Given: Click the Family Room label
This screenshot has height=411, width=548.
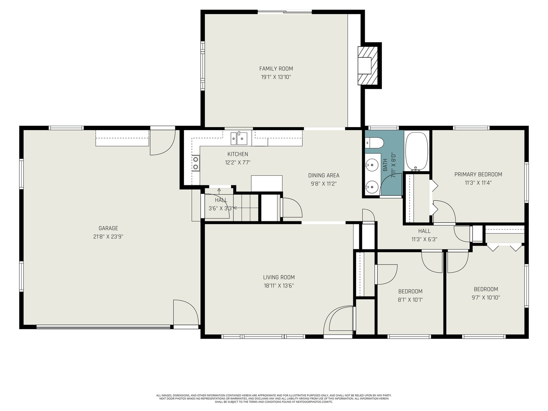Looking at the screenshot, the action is tap(276, 68).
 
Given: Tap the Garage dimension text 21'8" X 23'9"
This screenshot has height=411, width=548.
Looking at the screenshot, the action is tap(108, 237).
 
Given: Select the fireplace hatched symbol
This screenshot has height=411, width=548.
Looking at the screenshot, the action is tap(368, 66).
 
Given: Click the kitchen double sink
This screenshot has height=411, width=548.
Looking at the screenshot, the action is tap(239, 138).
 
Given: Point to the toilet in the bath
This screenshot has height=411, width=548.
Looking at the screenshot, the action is tap(374, 143).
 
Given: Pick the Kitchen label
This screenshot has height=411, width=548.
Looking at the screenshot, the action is tap(238, 154).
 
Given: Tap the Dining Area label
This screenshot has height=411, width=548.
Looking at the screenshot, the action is tap(324, 175).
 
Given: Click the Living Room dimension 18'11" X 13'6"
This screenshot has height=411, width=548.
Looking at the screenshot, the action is tap(279, 286).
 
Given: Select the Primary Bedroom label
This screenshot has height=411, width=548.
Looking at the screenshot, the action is tap(478, 174).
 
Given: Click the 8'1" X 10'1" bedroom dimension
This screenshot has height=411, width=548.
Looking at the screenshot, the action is tap(410, 300).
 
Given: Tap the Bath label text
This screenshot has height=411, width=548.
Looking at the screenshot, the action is tap(385, 165).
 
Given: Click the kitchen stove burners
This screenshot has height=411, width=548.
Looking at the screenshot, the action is tap(196, 163).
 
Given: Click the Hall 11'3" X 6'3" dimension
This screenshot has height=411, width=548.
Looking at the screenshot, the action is tap(424, 239).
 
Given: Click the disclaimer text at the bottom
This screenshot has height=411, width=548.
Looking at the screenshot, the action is tap(274, 399).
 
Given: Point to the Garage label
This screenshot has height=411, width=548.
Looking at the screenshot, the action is tap(108, 228).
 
